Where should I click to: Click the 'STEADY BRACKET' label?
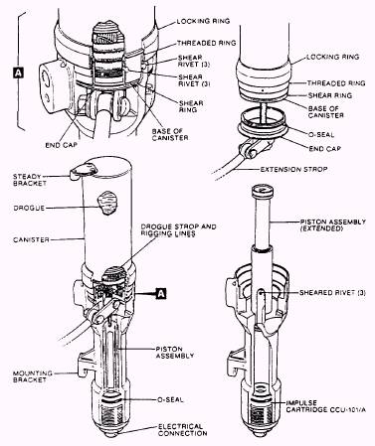pyautogui.click(x=30, y=180)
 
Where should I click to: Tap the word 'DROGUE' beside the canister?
pyautogui.click(x=29, y=209)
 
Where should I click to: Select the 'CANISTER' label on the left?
pyautogui.click(x=31, y=239)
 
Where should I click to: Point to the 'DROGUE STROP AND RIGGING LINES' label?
pyautogui.click(x=178, y=230)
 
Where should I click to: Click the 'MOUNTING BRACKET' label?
pyautogui.click(x=33, y=376)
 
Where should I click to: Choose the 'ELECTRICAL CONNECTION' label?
pyautogui.click(x=183, y=430)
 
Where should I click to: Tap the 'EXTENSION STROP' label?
pyautogui.click(x=293, y=169)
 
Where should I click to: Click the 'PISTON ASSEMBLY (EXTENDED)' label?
pyautogui.click(x=333, y=224)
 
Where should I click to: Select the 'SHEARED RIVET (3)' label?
pyautogui.click(x=332, y=293)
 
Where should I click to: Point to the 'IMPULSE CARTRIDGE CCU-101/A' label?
pyautogui.click(x=326, y=406)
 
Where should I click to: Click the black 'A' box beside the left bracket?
pyautogui.click(x=18, y=73)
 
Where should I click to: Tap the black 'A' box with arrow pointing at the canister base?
pyautogui.click(x=161, y=293)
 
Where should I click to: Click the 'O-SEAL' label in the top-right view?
pyautogui.click(x=321, y=135)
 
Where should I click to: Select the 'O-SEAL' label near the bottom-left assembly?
pyautogui.click(x=170, y=399)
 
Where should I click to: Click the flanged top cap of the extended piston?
pyautogui.click(x=263, y=191)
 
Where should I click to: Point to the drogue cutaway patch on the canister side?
pyautogui.click(x=106, y=204)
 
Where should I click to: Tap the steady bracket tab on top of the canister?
pyautogui.click(x=83, y=170)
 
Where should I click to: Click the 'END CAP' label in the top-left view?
pyautogui.click(x=61, y=145)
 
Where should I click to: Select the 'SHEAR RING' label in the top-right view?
pyautogui.click(x=330, y=95)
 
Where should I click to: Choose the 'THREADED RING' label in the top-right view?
pyautogui.click(x=336, y=83)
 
